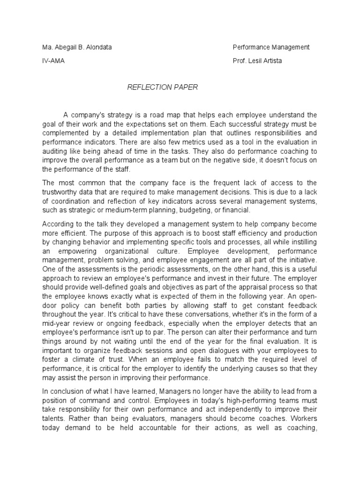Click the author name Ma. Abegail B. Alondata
77,47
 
